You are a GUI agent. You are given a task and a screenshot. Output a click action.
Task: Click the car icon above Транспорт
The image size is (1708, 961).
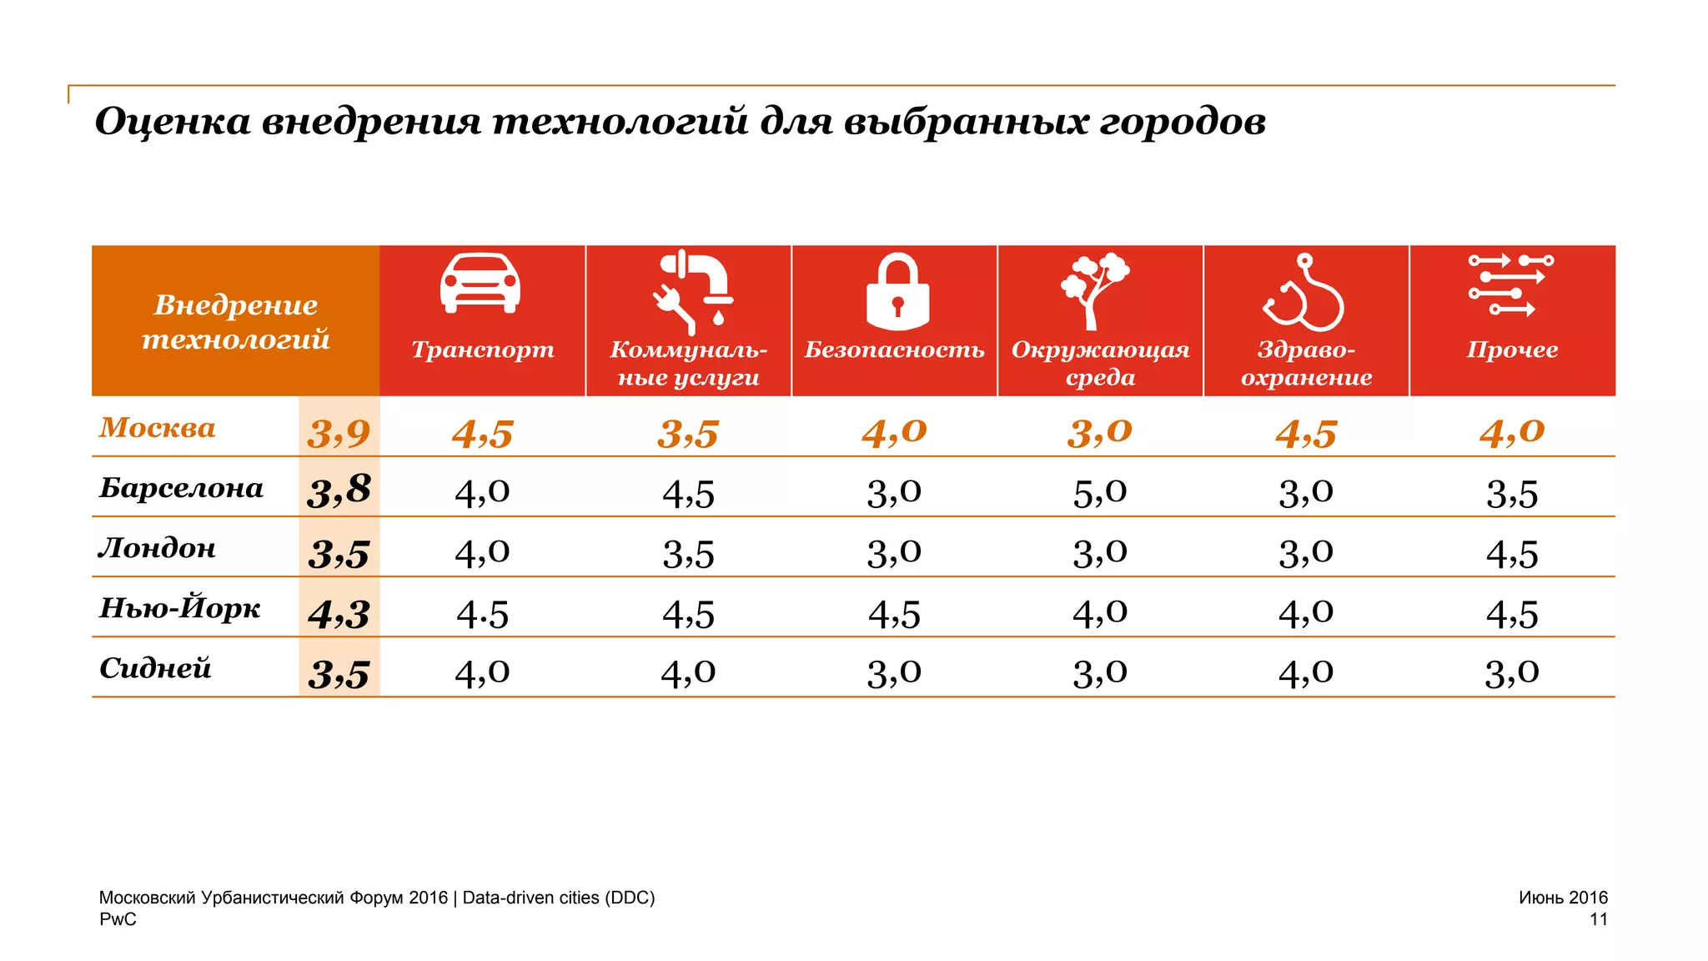480,284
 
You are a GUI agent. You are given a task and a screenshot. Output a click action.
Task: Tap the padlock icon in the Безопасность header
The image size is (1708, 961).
897,292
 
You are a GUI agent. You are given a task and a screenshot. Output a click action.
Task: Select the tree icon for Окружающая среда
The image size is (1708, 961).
1094,290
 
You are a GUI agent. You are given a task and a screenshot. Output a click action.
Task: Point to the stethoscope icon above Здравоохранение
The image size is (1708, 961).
1304,294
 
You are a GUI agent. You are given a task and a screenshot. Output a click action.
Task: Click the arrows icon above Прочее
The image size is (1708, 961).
1510,285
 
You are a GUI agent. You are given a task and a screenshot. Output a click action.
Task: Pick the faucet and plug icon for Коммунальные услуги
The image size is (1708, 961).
692,289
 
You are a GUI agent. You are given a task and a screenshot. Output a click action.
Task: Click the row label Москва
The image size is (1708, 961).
158,427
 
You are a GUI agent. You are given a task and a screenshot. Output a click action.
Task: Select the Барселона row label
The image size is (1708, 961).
181,488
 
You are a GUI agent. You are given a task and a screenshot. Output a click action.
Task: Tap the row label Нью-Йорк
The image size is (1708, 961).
180,608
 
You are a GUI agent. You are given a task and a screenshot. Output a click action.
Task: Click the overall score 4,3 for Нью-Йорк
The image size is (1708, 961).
339,615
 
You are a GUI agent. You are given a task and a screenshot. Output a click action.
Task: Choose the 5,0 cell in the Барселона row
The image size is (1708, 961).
1099,492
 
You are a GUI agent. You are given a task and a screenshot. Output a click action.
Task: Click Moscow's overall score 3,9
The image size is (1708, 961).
339,434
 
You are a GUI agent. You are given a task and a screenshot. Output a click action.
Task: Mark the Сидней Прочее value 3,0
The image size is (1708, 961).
1511,672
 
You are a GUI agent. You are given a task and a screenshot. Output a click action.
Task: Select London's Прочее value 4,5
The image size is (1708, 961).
1511,554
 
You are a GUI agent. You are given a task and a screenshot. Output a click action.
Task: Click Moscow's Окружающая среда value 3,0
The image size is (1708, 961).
1099,432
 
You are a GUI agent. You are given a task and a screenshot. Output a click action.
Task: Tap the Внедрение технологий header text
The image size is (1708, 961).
236,322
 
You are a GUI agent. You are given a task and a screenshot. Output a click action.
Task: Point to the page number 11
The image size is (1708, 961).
1598,919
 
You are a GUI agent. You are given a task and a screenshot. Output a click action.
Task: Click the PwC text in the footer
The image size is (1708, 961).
118,919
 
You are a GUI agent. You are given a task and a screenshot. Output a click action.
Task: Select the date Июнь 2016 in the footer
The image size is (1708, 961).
1562,898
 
